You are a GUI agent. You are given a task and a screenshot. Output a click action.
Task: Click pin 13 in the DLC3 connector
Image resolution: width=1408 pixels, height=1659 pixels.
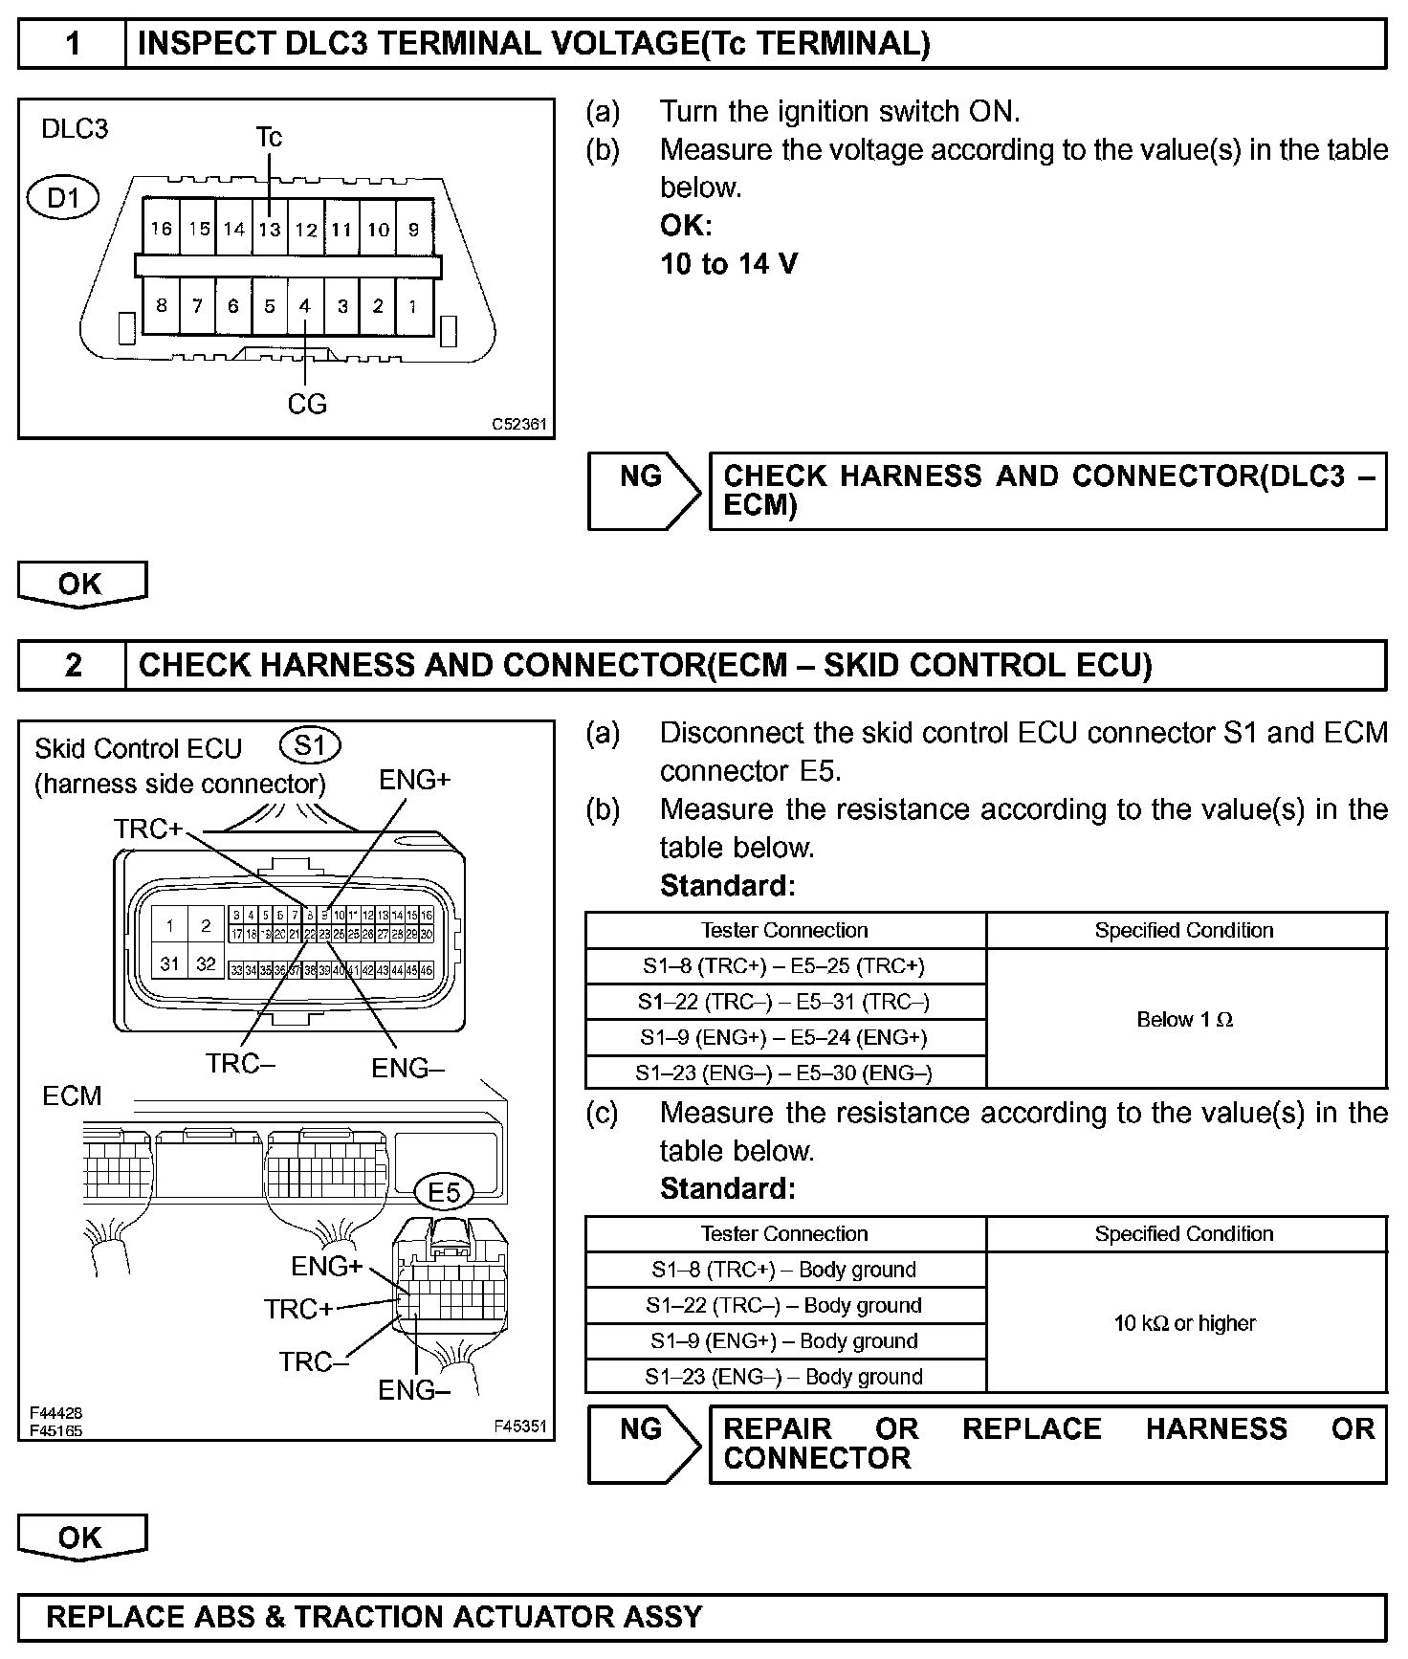(270, 229)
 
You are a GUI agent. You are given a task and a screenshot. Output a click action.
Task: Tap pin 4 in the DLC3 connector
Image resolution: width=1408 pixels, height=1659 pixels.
(305, 306)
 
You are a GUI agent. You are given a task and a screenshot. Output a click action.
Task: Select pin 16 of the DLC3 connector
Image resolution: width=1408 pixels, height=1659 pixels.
(162, 229)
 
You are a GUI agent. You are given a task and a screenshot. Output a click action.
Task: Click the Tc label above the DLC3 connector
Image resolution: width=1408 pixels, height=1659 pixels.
(269, 138)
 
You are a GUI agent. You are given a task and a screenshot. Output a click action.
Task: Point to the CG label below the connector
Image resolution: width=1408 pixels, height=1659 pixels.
(307, 405)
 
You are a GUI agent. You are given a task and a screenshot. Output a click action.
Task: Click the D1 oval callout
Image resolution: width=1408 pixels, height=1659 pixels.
(64, 199)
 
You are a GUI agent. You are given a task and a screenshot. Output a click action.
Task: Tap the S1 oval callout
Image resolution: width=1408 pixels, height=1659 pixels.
(310, 745)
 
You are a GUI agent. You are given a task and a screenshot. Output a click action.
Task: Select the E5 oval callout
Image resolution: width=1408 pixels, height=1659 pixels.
(445, 1192)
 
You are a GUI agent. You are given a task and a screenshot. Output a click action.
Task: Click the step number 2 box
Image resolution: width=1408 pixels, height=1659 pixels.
(73, 665)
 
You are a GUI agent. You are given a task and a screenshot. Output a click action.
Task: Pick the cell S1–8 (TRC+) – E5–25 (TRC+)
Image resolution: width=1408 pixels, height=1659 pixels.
(784, 966)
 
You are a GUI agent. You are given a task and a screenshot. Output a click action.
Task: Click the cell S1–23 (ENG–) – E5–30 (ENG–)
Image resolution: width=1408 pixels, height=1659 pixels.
(784, 1073)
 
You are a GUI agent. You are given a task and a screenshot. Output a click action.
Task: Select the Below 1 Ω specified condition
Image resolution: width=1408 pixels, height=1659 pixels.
(1184, 1020)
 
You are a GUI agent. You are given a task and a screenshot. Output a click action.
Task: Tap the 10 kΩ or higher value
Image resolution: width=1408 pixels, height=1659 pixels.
(1184, 1323)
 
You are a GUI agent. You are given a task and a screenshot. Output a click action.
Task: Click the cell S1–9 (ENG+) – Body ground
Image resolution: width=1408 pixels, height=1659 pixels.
(784, 1341)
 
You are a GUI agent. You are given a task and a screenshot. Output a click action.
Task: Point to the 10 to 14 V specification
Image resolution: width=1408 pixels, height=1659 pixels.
(729, 264)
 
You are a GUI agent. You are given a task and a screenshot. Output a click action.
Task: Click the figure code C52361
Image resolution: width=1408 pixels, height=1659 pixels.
(519, 424)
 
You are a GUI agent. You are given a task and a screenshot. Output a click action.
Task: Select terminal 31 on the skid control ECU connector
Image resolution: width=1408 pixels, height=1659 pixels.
(170, 963)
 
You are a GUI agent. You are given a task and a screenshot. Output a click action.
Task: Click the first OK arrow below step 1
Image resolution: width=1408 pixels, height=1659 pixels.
(81, 584)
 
